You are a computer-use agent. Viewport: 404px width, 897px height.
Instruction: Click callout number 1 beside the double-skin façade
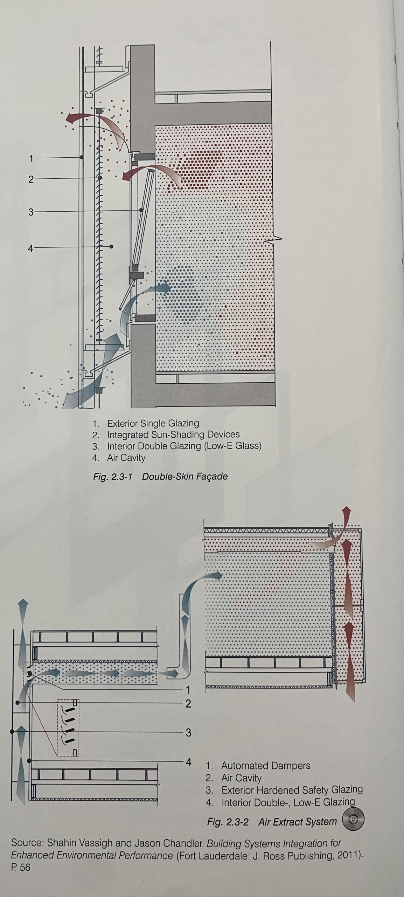click(31, 158)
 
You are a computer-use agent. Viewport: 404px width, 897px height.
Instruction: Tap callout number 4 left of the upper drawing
click(31, 248)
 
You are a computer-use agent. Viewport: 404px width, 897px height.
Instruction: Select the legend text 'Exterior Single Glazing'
click(153, 423)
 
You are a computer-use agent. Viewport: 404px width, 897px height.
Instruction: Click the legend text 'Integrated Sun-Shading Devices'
click(173, 434)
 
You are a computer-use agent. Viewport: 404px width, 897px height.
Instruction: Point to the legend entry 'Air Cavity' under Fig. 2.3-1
click(126, 458)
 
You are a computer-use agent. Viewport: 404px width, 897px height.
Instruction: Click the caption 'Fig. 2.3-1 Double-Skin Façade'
click(160, 477)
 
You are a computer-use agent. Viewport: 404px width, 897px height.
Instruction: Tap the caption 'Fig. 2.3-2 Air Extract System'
click(272, 822)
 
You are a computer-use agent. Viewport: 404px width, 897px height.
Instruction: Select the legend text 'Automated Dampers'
click(266, 766)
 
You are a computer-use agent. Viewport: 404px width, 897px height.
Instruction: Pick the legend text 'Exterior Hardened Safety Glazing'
click(292, 790)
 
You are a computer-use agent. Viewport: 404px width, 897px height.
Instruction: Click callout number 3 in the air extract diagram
click(188, 732)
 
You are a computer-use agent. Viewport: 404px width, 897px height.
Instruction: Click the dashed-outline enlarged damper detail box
click(68, 728)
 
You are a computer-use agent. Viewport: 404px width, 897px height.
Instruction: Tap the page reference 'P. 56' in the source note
click(21, 868)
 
